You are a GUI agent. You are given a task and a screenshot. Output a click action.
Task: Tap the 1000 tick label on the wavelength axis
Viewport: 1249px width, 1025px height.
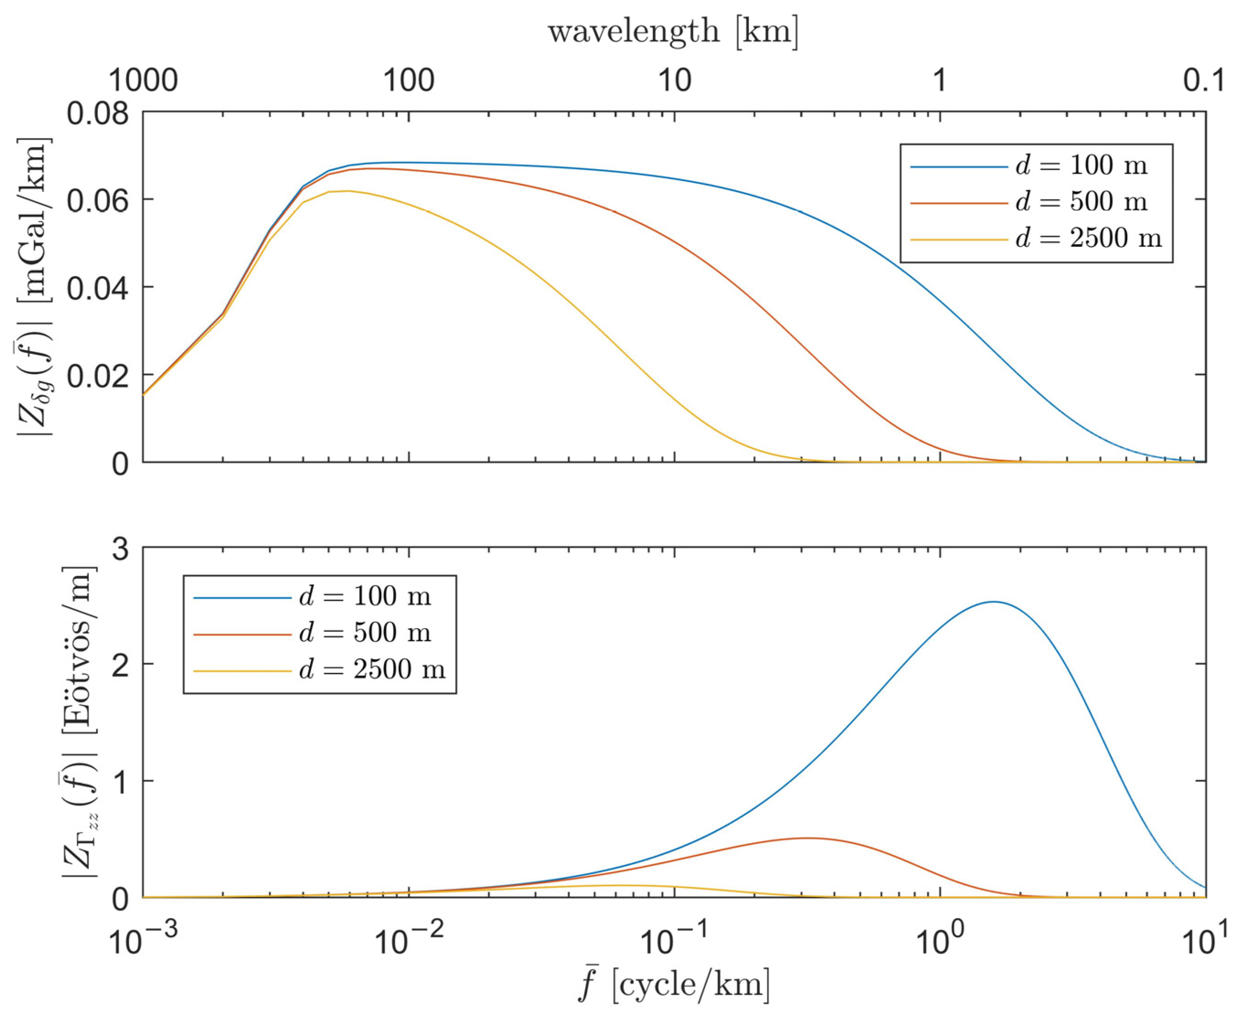point(144,80)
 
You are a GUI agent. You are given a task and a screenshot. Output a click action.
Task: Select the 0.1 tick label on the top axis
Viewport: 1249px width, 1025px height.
point(1204,80)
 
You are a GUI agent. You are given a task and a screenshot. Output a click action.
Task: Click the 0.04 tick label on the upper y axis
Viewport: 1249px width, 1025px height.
point(97,288)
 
